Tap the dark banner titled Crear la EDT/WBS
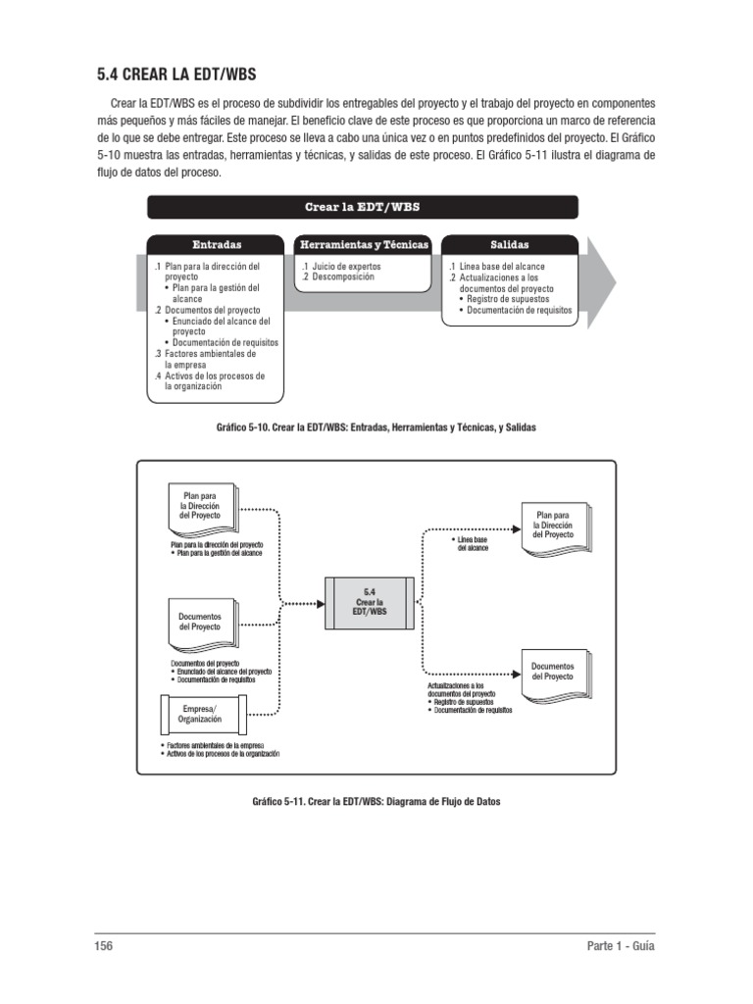point(363,207)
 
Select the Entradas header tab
point(217,244)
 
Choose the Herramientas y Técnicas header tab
point(363,244)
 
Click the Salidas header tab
point(509,244)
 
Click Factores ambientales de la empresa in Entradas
point(210,359)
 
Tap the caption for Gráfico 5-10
point(376,428)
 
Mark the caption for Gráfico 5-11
point(376,802)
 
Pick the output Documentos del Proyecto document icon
point(553,672)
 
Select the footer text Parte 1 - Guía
point(620,947)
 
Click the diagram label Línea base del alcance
point(474,544)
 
